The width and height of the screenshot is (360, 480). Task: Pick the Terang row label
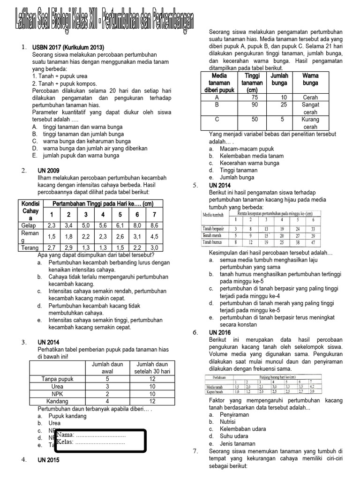coord(29,247)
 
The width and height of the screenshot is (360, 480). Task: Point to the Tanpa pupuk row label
coord(57,379)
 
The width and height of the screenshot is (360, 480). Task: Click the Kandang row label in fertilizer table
coord(57,401)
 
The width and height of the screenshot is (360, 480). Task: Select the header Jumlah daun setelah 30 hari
coord(152,368)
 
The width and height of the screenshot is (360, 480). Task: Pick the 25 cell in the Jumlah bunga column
coord(280,105)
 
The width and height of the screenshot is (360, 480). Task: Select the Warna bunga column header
coord(310,79)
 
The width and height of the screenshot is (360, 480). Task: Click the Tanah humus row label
coord(213,242)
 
